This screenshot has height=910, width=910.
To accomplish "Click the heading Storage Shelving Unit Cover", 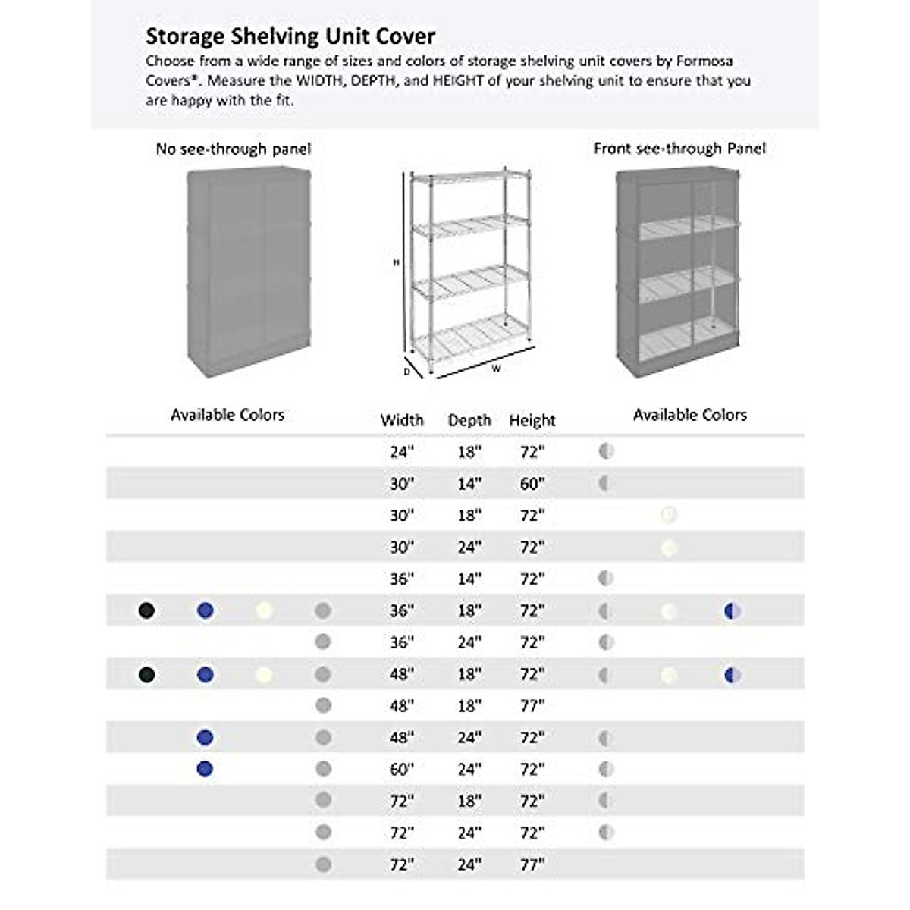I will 290,36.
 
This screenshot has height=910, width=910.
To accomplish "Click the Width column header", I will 401,420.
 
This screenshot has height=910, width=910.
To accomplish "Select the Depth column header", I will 469,420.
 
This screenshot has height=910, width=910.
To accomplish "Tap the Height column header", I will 532,420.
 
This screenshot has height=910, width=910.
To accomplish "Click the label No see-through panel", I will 233,149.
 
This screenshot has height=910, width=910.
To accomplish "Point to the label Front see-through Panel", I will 679,149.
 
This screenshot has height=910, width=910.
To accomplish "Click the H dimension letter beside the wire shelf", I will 396,262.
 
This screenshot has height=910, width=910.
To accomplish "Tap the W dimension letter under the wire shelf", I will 496,369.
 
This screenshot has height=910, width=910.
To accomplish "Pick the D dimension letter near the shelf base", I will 407,372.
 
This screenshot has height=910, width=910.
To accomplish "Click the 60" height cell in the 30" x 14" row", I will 532,484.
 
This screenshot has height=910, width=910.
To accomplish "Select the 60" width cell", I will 401,770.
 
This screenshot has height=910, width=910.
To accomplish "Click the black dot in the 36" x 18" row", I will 147,610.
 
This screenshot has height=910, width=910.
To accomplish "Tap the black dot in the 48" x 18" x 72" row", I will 147,674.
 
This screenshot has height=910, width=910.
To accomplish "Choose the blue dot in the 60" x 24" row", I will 205,769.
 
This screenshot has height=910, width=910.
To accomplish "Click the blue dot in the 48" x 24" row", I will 205,737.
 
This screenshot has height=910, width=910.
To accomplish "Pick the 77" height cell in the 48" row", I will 532,706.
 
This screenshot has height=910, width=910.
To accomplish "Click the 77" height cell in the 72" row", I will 532,864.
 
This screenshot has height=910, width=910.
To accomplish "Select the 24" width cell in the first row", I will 401,452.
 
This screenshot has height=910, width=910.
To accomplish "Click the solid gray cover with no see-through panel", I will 249,273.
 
